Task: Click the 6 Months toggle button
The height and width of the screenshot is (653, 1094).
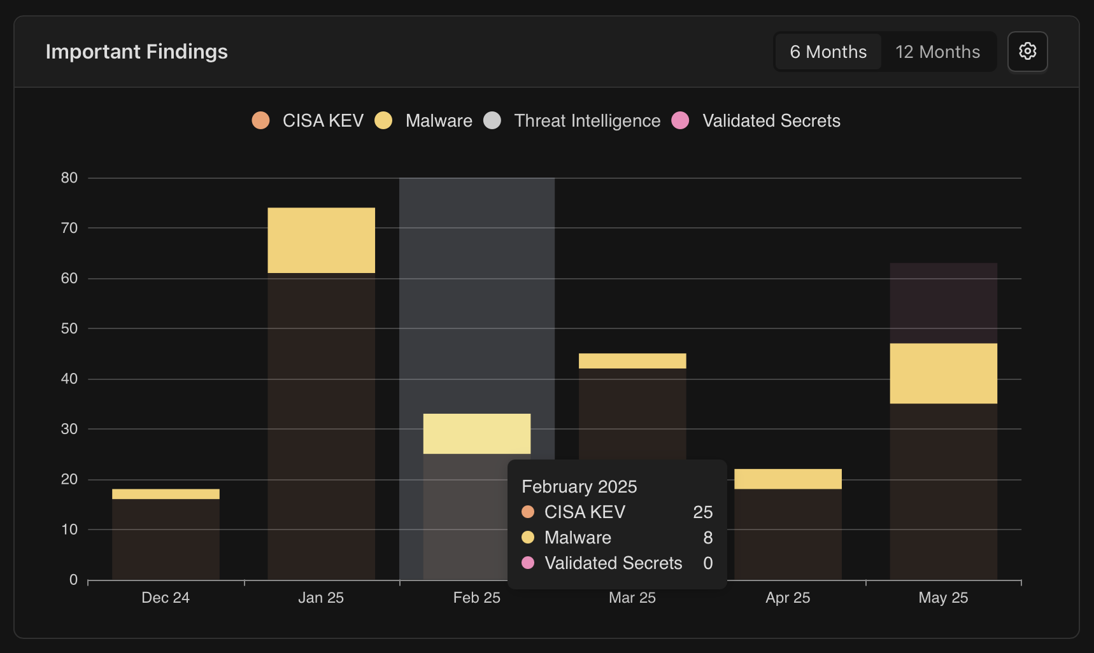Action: point(828,52)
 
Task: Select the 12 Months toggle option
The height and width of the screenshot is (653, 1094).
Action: point(937,52)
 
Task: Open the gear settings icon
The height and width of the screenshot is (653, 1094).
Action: point(1027,52)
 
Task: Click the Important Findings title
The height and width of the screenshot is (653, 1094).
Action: point(136,52)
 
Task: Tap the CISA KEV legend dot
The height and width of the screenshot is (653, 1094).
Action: point(260,120)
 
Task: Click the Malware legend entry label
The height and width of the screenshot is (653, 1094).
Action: point(439,120)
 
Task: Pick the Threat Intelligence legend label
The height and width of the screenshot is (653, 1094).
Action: point(586,120)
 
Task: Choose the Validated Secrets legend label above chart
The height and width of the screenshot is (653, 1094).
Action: point(771,120)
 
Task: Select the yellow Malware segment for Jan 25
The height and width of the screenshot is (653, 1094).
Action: point(321,240)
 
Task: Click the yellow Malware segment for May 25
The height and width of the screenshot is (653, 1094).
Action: point(943,373)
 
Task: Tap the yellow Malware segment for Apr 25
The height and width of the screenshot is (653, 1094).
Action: point(788,479)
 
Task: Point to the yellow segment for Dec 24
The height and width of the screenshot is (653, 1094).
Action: point(166,494)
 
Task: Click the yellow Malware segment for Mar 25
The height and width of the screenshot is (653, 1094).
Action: point(632,361)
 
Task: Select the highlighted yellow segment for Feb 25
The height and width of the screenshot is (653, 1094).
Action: point(476,433)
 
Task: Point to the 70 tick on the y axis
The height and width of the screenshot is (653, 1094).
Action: point(69,228)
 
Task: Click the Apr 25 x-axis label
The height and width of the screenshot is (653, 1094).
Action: point(788,598)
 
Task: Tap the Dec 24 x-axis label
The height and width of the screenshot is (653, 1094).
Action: point(166,598)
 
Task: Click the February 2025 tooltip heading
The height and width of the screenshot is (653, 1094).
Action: point(579,486)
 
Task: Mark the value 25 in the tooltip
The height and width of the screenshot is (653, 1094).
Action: point(702,512)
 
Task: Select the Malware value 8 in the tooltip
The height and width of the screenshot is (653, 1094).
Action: point(707,537)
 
